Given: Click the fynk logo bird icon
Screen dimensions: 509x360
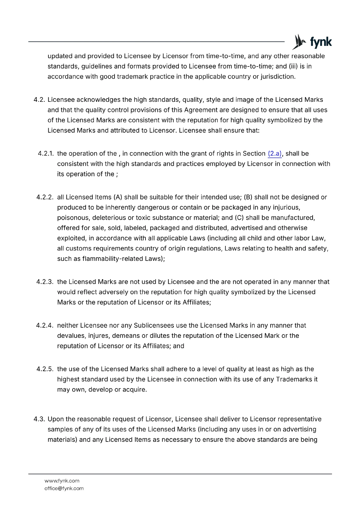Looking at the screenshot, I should [299, 42].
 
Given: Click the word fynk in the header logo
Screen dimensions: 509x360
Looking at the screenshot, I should [321, 42].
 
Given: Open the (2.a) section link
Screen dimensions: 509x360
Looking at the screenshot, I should [275, 154].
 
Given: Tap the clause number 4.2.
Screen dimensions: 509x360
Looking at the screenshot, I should [39, 100].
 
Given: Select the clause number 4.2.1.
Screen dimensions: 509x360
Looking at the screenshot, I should [46, 154].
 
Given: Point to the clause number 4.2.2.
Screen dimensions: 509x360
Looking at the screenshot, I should [45, 197].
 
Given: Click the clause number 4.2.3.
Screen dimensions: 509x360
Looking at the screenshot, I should [45, 282].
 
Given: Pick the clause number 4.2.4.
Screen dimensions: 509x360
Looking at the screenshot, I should [45, 325].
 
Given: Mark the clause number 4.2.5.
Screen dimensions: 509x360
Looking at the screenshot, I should [45, 369].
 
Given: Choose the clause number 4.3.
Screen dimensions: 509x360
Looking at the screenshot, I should [39, 419].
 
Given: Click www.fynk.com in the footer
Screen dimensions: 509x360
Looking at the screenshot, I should [62, 481].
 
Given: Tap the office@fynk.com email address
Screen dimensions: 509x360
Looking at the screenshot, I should [64, 489].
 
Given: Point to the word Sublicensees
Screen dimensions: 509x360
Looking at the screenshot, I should [154, 325].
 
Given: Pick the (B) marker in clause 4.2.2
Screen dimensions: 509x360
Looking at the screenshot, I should [248, 197].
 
